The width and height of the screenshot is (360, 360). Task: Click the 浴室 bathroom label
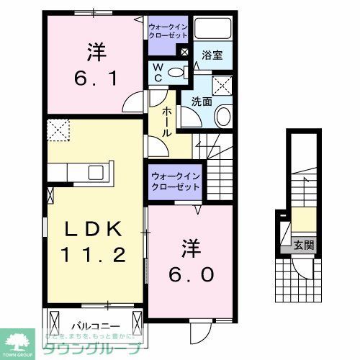coord(212,54)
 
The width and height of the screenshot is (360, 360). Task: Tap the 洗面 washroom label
coord(201,102)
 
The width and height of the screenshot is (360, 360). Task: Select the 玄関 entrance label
coord(302,245)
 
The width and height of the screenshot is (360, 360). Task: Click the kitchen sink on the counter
coord(96,173)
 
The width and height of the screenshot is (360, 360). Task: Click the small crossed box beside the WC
coord(184,53)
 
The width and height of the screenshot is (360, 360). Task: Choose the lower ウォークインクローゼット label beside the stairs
coord(176,181)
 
